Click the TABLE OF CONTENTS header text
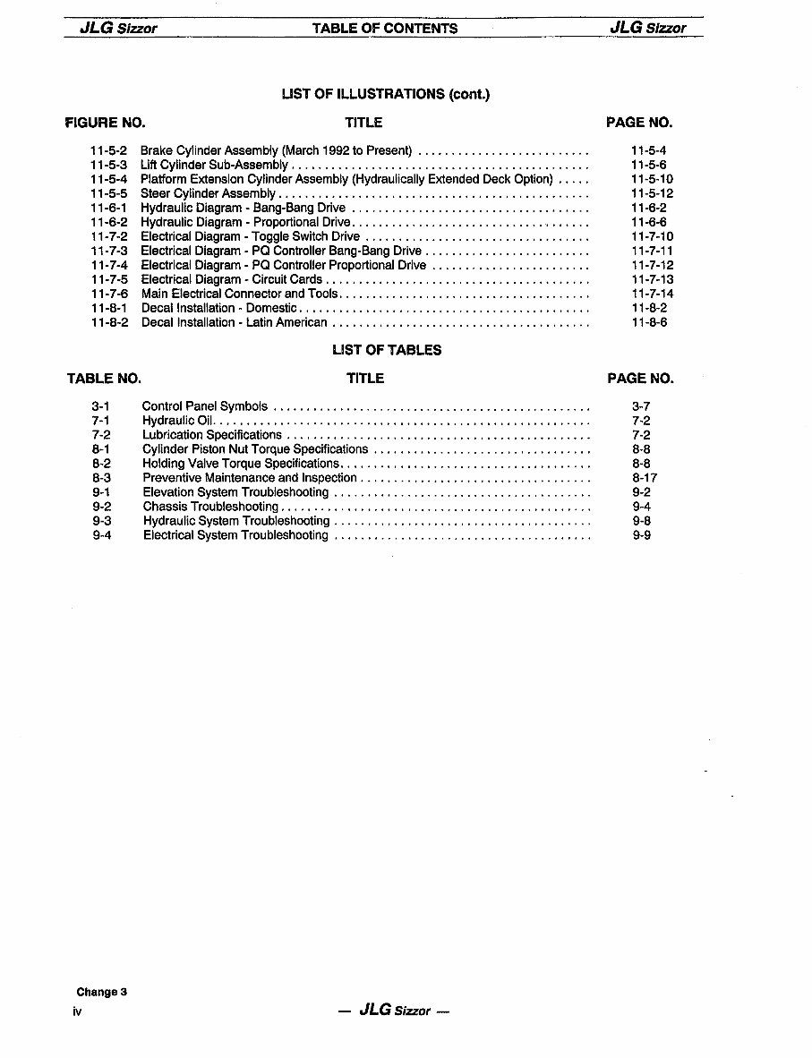coord(385,28)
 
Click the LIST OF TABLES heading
coord(387,350)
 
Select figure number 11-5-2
coord(109,150)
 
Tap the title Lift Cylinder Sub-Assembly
coord(214,165)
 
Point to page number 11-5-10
coord(652,179)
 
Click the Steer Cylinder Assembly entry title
coord(208,193)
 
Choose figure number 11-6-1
coord(109,208)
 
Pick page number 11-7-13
coord(652,279)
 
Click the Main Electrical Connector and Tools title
coord(240,294)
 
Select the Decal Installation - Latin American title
coord(234,322)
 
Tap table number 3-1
coord(100,406)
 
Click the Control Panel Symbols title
coord(205,406)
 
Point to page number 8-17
coord(645,478)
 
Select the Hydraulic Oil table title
coord(177,421)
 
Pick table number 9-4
coord(101,535)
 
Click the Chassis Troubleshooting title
coord(210,507)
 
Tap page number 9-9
coord(641,535)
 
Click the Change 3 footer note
coord(102,992)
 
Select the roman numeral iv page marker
coord(78,1011)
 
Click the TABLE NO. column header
coord(104,379)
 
